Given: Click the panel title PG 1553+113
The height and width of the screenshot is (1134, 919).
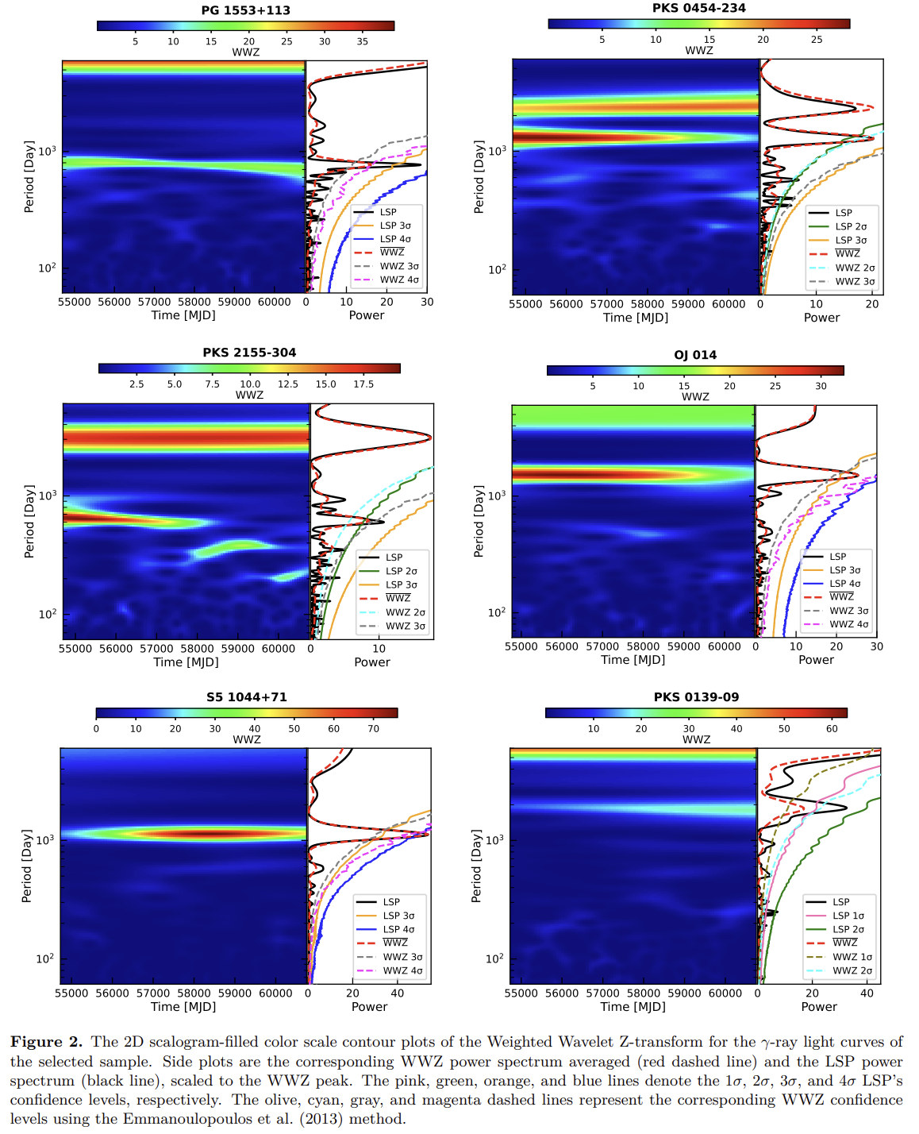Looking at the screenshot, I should pos(245,10).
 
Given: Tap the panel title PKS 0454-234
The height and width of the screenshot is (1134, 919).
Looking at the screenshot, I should pos(698,8).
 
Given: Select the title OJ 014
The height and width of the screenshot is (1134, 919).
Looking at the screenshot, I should pos(695,355).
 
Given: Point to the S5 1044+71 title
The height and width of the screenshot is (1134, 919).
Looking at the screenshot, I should pos(247,697).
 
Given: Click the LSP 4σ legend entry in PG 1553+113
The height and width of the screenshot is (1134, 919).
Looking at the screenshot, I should pos(394,239).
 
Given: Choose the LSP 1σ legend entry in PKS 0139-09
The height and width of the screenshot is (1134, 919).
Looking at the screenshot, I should pos(848,916).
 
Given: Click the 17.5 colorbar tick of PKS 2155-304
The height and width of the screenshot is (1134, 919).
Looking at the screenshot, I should pos(363,384).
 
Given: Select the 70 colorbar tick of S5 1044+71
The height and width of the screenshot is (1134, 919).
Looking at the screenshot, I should pos(374,729).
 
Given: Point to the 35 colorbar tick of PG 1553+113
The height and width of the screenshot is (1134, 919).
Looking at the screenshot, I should pos(363,42).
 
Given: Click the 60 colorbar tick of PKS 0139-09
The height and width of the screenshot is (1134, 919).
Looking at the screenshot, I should pos(832,729).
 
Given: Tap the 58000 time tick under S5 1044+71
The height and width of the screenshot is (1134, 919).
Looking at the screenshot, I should pos(194,993).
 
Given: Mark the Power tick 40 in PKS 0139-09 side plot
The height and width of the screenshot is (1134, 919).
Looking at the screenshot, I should pos(867,993).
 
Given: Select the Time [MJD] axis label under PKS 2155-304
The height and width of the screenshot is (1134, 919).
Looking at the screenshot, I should pos(186,662).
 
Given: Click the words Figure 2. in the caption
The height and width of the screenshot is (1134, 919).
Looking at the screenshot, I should pos(47,1042).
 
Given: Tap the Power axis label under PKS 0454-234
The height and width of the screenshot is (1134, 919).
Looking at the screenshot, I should pos(821,318).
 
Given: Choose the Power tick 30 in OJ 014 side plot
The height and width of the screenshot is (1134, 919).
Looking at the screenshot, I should pos(876,647).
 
